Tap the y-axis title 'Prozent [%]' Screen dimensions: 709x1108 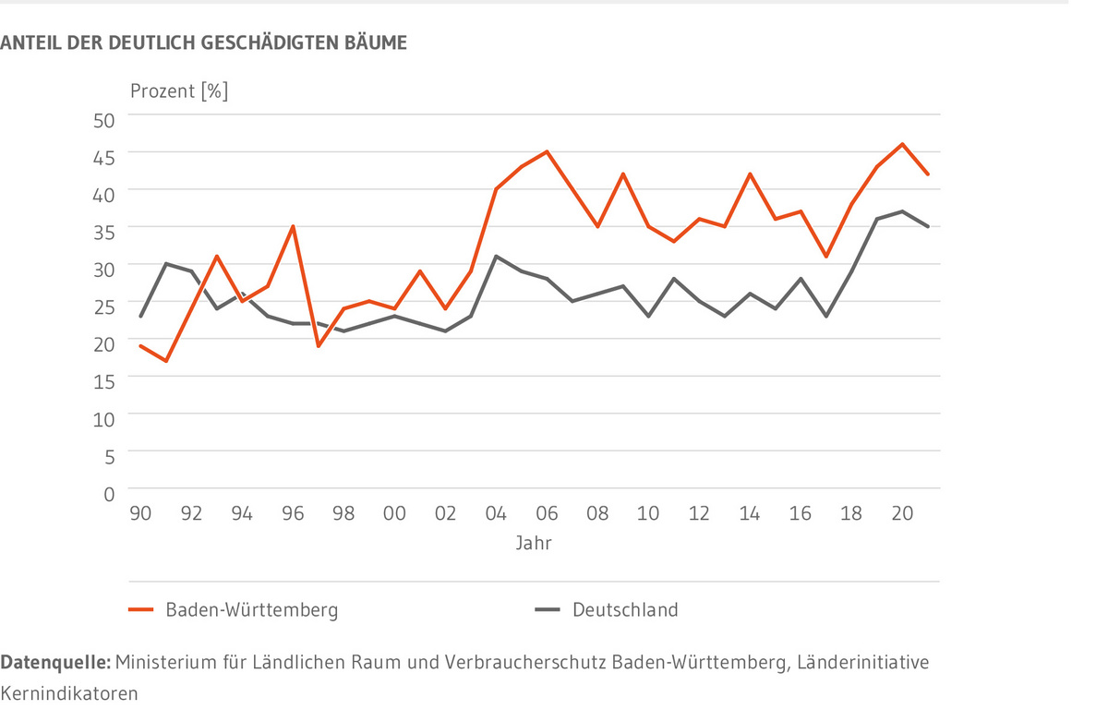(x=178, y=90)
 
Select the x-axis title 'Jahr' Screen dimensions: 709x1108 (x=534, y=543)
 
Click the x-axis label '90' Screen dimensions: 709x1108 (x=140, y=514)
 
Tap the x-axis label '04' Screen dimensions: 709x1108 (x=496, y=514)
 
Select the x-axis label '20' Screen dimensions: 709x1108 (x=902, y=514)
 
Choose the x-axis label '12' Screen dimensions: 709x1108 (x=699, y=514)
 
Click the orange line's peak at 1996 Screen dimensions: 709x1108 (x=293, y=225)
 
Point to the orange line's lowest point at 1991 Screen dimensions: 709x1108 (x=166, y=361)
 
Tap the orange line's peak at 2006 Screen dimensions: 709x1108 (x=547, y=151)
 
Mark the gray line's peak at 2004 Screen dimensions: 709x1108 (x=496, y=256)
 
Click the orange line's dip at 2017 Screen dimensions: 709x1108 (x=826, y=257)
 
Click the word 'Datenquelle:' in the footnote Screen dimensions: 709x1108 (x=56, y=663)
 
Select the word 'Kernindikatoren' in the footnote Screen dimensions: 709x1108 (x=69, y=692)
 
